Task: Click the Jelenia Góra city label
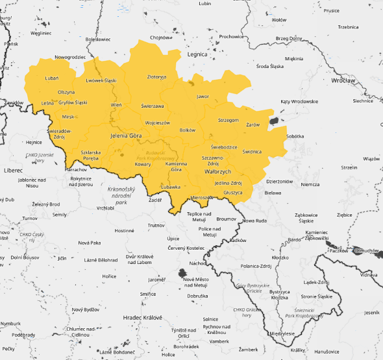[x=126, y=136]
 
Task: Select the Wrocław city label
[x=343, y=80]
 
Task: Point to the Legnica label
[x=197, y=55]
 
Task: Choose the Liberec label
[x=13, y=170]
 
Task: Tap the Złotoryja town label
[x=156, y=77]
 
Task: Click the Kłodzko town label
[x=280, y=258]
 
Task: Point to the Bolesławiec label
[x=98, y=39]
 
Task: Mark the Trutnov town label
[x=156, y=225]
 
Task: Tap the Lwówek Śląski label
[x=101, y=80]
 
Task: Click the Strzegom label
[x=229, y=120]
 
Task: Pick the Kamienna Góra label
[x=176, y=167]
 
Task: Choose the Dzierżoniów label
[x=280, y=181]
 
